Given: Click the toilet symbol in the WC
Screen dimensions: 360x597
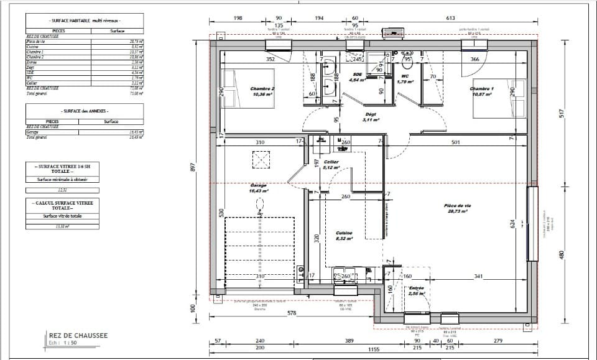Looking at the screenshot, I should [x=408, y=63].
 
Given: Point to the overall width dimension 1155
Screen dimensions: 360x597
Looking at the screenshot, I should [x=373, y=350].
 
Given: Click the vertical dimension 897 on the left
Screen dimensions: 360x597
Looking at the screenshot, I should [x=193, y=168].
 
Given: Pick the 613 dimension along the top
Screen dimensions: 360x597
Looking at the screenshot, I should [x=451, y=19].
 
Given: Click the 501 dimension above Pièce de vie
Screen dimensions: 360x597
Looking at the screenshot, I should [x=455, y=142].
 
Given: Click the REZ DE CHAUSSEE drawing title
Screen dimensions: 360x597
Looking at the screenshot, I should [x=78, y=336].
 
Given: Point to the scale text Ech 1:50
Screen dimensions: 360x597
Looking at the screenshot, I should [x=63, y=343].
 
